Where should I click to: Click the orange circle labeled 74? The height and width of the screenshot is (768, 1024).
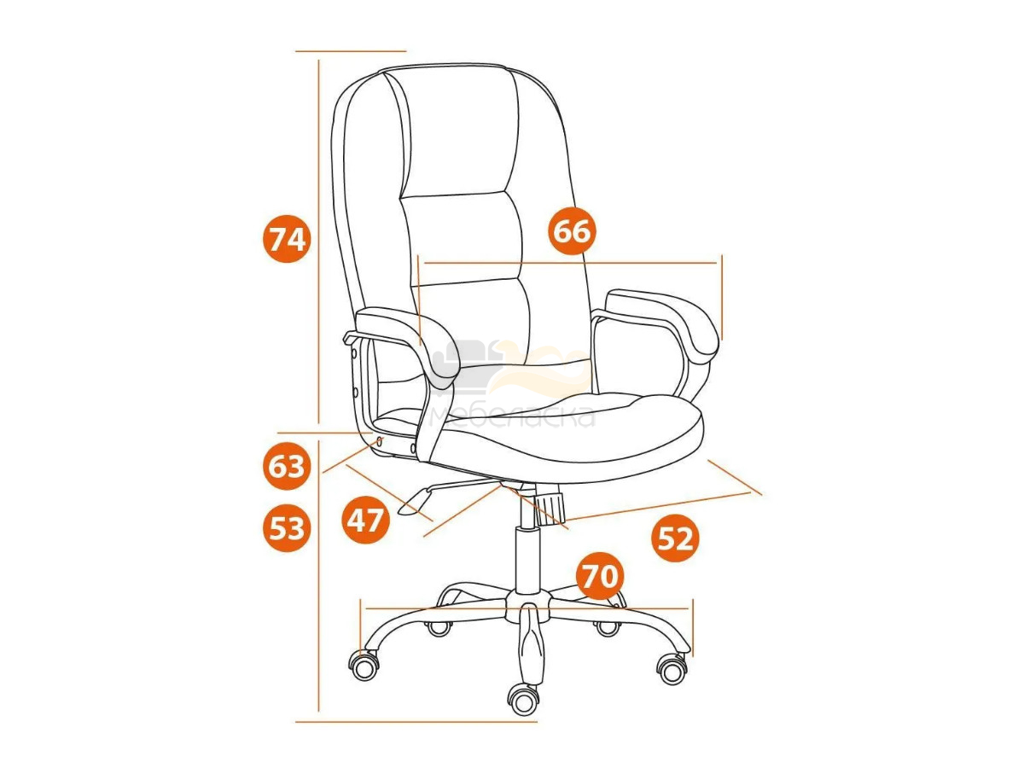coord(286,239)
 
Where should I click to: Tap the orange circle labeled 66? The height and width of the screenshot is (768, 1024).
coord(572,230)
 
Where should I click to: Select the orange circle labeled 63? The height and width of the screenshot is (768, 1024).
coord(287,466)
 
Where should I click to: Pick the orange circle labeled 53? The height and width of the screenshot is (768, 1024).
coord(287,528)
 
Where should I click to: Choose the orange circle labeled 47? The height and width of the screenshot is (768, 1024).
coord(365,520)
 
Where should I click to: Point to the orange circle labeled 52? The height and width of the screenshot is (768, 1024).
coord(675,538)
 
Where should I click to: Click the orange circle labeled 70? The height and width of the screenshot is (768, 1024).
coord(600,576)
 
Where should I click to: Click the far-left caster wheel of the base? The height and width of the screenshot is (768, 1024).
coord(364,666)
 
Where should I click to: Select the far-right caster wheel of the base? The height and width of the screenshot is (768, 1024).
coord(672,668)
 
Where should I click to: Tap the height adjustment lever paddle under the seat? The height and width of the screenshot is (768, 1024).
coord(414,503)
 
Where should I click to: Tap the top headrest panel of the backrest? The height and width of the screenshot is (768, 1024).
coord(459,131)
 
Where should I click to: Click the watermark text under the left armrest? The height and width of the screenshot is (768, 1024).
coord(512,416)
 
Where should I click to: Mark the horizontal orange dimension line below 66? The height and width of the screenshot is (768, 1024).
coord(570,263)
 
